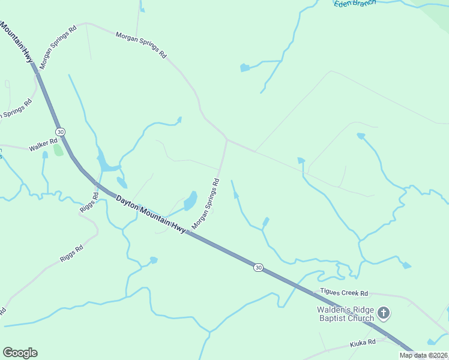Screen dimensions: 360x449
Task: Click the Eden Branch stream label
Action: (354, 3)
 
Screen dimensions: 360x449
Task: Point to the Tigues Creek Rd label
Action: (343, 293)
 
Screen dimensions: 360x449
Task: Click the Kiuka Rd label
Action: (363, 342)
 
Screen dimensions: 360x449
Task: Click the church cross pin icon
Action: (384, 313)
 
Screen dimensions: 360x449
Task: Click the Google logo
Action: (20, 353)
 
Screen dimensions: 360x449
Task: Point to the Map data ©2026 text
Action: (423, 355)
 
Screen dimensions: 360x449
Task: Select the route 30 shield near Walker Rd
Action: (60, 131)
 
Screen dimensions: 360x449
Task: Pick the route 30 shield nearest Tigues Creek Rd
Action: (258, 267)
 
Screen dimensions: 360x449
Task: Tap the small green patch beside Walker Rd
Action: (58, 149)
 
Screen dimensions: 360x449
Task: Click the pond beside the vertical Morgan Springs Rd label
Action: (190, 200)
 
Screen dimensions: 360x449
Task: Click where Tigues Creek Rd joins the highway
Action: (312, 294)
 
